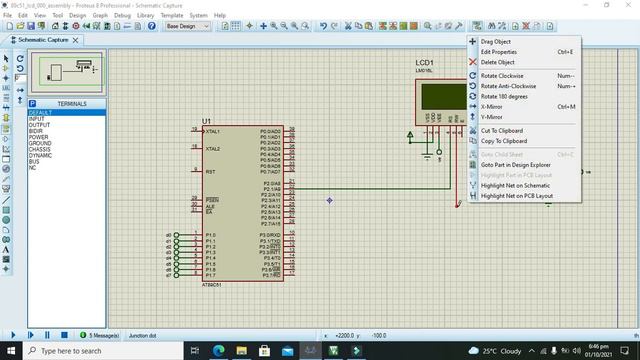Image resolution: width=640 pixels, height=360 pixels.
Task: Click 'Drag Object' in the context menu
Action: tap(496, 41)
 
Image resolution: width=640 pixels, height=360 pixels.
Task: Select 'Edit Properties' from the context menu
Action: tap(499, 51)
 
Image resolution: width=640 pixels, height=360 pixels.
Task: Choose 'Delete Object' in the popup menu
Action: tap(497, 62)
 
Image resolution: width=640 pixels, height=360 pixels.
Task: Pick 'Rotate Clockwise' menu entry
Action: tap(502, 76)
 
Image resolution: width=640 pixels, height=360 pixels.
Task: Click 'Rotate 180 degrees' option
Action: tap(504, 96)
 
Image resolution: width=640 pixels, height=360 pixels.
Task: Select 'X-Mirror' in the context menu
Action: tap(491, 106)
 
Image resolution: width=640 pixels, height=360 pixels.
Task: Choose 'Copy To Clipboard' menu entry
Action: tap(503, 141)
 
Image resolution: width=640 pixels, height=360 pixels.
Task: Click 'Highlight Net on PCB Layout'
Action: tap(516, 196)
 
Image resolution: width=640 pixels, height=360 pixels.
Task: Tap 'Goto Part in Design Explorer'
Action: tap(515, 164)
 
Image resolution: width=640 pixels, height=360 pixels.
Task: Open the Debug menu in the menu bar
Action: tap(122, 16)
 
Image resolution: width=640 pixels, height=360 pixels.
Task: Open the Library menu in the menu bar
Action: tap(146, 16)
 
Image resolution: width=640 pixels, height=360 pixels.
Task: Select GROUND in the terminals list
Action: tap(40, 143)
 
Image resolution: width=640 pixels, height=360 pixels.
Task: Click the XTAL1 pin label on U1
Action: tap(213, 131)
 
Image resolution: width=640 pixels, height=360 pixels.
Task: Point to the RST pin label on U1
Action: tap(210, 172)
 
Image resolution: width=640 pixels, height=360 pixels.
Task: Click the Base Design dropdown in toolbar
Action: tap(188, 26)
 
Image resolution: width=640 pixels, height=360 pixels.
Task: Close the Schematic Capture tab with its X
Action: tap(77, 40)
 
